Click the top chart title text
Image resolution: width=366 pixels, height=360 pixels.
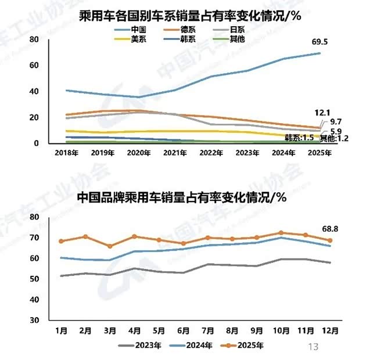(189, 16)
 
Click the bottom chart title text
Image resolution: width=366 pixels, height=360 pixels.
(182, 198)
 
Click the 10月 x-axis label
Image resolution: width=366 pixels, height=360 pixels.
(282, 330)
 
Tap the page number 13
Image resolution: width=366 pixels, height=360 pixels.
(313, 347)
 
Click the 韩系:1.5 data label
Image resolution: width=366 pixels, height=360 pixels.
(300, 138)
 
